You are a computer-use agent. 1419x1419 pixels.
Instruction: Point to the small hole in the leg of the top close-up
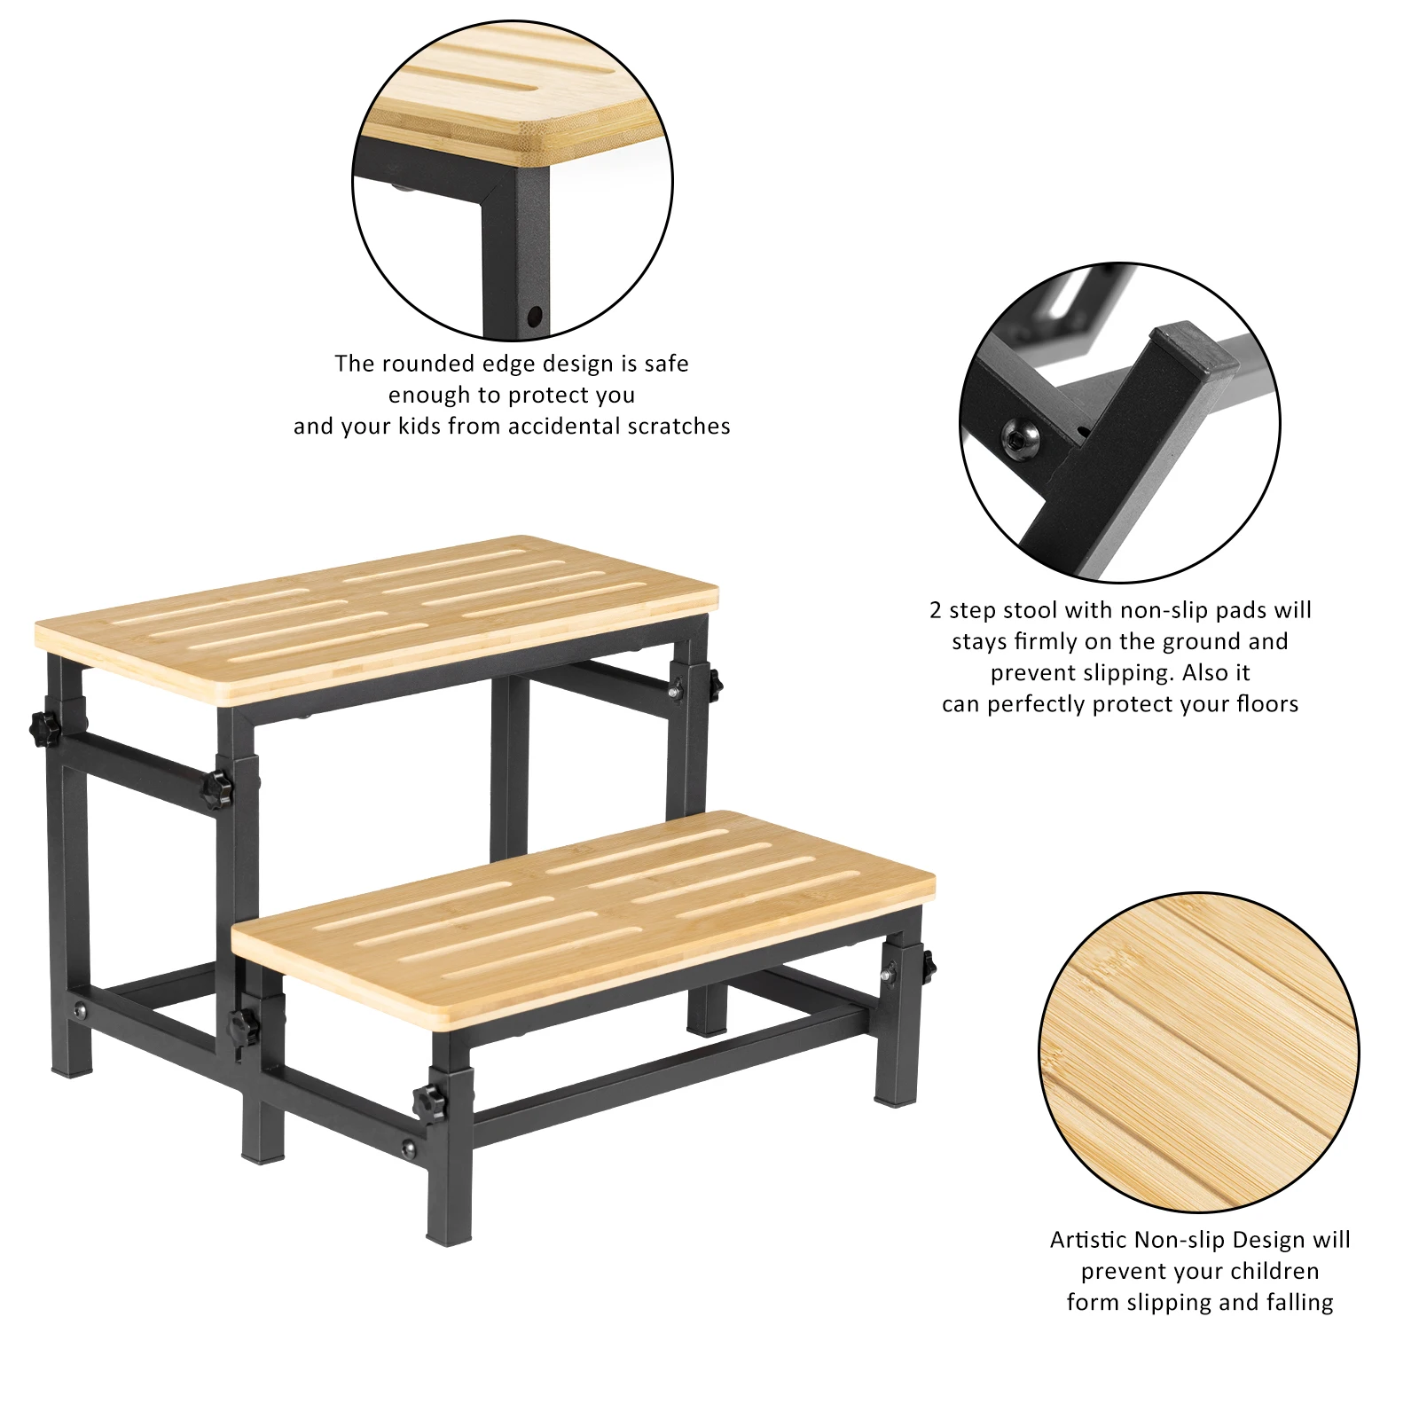click(534, 315)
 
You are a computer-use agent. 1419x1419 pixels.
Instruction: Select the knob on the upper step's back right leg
click(715, 683)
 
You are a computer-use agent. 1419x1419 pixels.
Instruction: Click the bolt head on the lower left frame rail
click(82, 1009)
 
